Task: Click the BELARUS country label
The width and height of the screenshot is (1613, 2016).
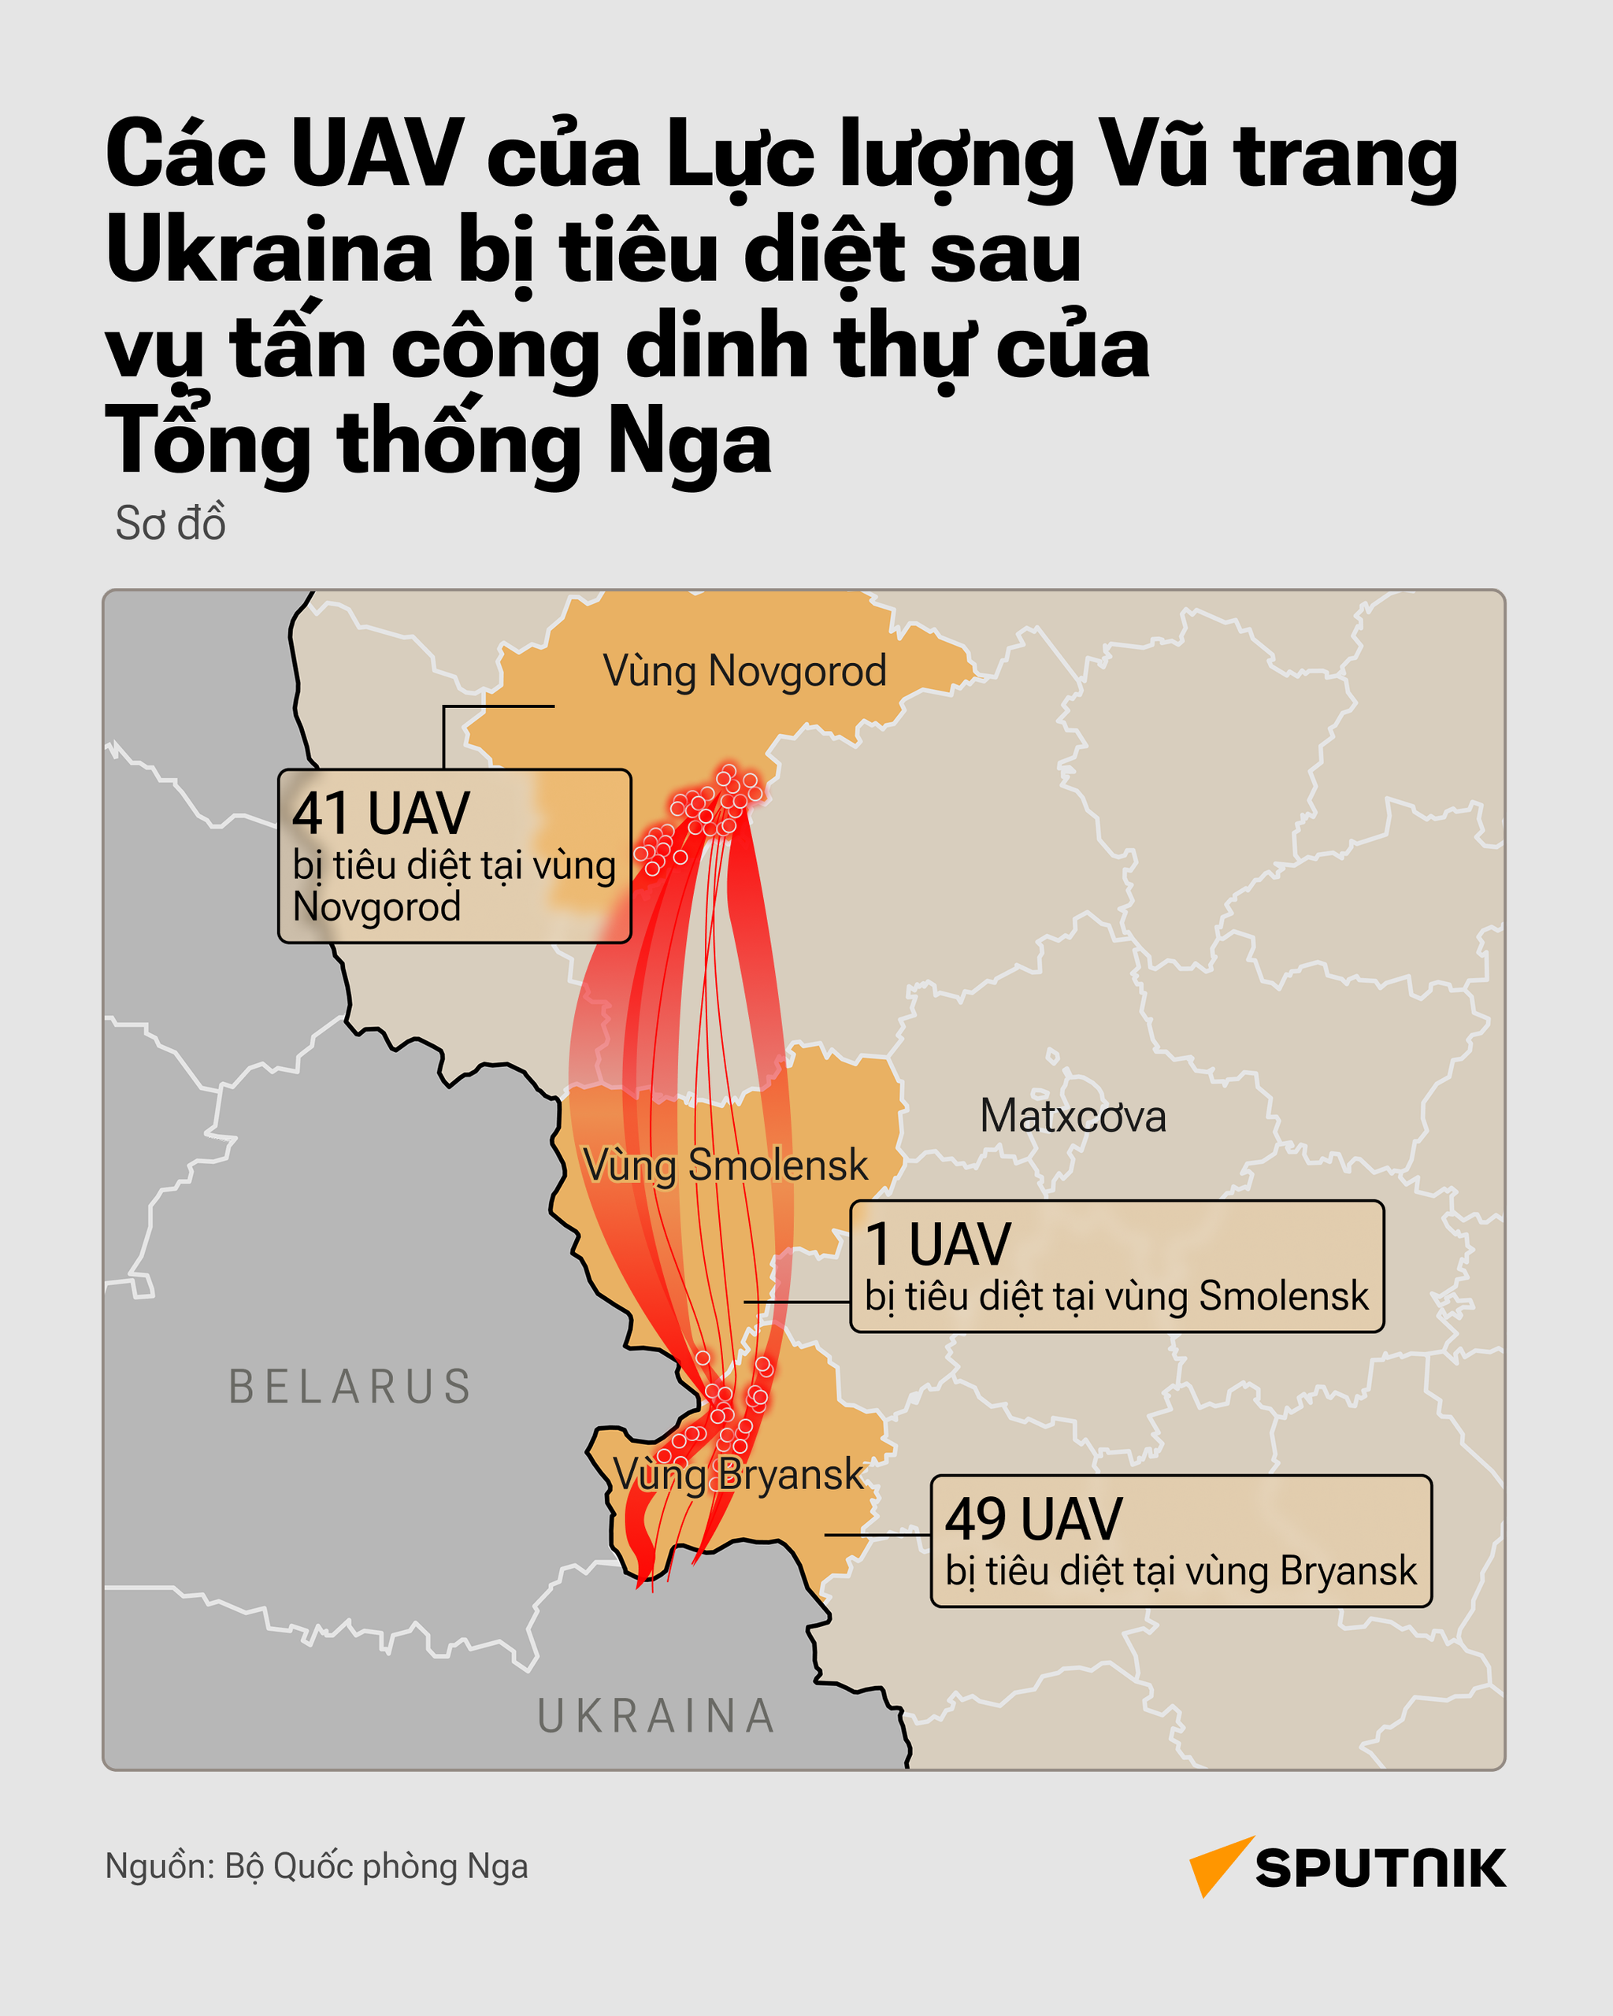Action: (x=350, y=1387)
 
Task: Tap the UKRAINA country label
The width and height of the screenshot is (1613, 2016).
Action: (x=656, y=1716)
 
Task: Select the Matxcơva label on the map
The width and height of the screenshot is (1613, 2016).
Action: (x=1073, y=1117)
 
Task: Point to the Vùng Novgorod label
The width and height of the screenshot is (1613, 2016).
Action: (x=744, y=672)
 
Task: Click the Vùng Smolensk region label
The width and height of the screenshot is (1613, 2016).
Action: (x=725, y=1165)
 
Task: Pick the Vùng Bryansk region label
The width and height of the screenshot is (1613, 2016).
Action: (x=738, y=1475)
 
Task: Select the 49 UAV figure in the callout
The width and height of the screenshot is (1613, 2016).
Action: (x=1033, y=1518)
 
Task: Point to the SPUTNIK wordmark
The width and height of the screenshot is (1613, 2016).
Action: (x=1380, y=1868)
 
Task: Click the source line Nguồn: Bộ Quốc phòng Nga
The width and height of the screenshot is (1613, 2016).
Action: (x=316, y=1866)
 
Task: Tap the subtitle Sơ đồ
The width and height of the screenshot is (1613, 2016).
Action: (x=170, y=524)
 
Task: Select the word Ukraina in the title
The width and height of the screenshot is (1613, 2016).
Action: (x=269, y=250)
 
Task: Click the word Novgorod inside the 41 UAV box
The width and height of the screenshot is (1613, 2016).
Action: (x=376, y=907)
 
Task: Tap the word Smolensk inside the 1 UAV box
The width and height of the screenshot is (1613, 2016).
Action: (x=1283, y=1296)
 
